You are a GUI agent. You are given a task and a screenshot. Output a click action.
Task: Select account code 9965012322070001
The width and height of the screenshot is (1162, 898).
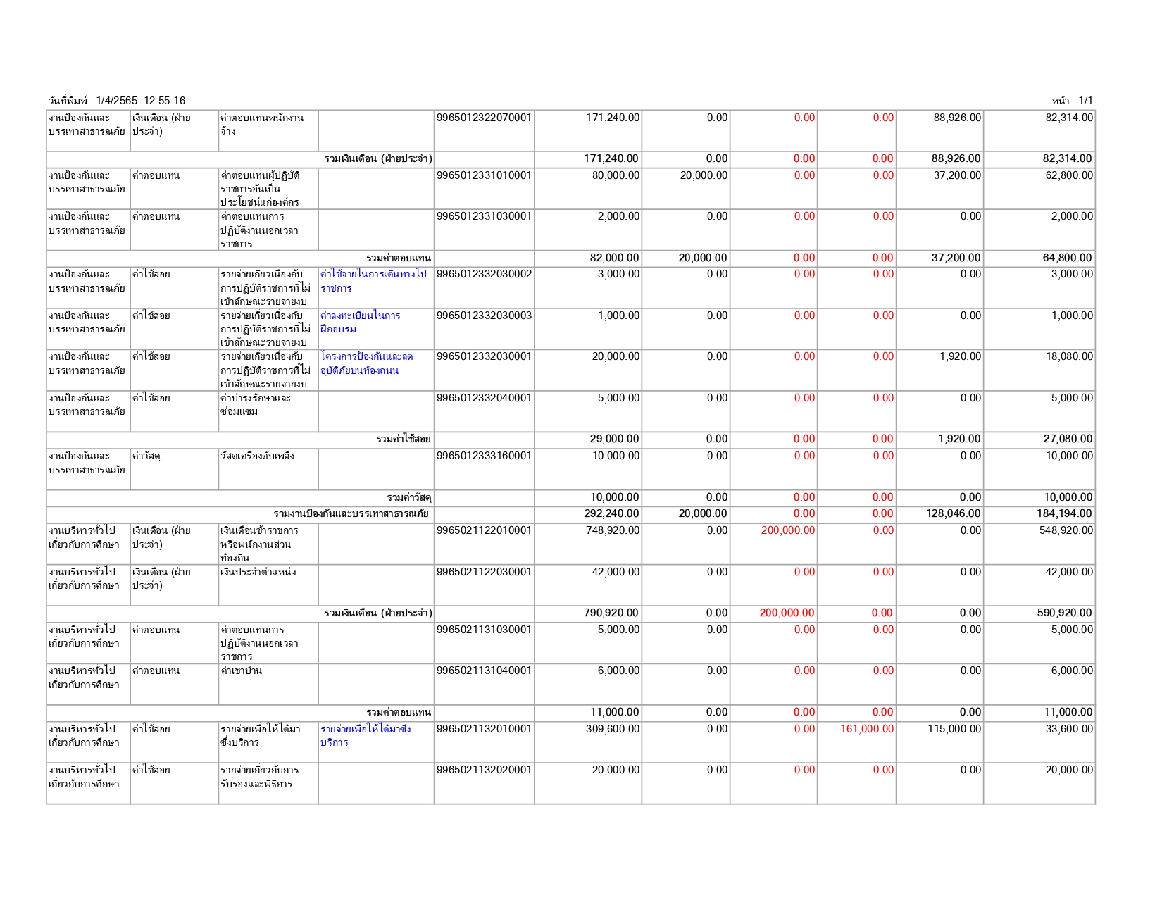pos(484,118)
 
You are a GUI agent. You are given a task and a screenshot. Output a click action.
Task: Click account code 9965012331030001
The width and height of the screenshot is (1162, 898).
pos(484,216)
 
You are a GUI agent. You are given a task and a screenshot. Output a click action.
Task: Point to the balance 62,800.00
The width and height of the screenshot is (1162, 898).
pos(1069,175)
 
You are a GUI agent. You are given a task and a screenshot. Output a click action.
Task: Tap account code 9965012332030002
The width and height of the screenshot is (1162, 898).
pos(484,274)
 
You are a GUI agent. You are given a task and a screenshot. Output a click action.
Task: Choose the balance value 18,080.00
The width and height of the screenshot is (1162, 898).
pos(1069,356)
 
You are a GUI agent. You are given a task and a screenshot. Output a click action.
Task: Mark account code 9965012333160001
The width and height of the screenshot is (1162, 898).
pos(484,456)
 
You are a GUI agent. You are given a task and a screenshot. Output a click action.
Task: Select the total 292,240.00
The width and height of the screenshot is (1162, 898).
pos(611,513)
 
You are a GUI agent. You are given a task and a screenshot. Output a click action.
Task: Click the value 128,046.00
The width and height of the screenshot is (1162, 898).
pos(953,513)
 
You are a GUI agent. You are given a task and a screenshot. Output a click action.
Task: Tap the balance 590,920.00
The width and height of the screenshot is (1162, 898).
pos(1064,613)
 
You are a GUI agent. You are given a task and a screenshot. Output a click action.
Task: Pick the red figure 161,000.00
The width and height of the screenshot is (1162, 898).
pos(867,729)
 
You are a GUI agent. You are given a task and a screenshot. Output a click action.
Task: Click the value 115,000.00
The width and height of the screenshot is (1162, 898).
pos(954,729)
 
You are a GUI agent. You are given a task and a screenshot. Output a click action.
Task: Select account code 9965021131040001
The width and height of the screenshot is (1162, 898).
pos(484,671)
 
